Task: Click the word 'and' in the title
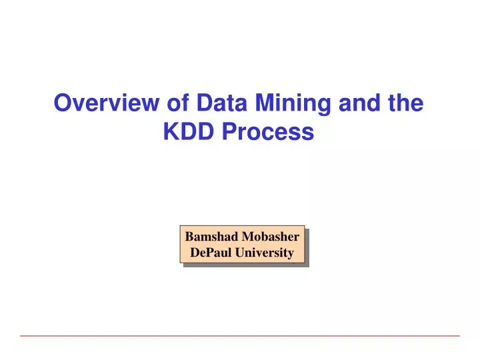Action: click(x=361, y=104)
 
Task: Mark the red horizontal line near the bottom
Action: click(x=240, y=335)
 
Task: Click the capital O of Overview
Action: click(x=62, y=104)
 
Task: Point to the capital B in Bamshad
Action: click(x=189, y=237)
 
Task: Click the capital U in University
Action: click(x=241, y=253)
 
